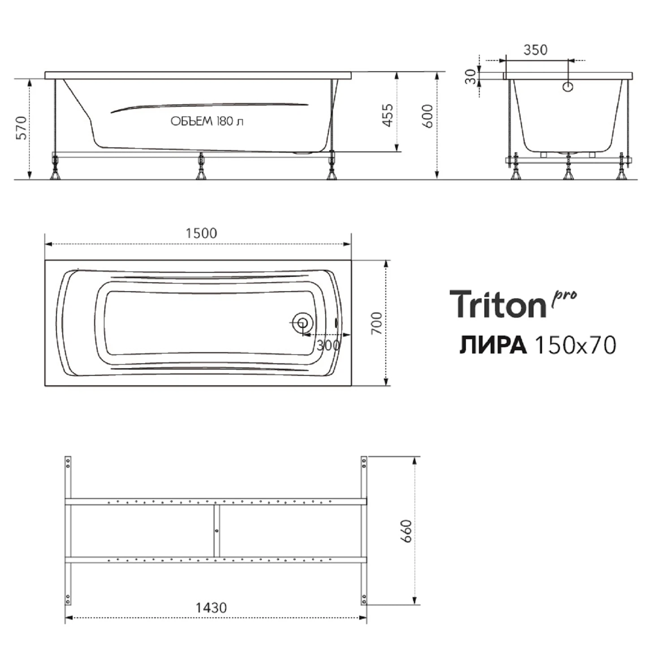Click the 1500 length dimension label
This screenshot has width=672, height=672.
pyautogui.click(x=201, y=233)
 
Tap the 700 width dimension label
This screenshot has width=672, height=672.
pyautogui.click(x=376, y=323)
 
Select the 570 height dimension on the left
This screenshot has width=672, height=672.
pyautogui.click(x=22, y=128)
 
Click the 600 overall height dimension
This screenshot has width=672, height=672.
pyautogui.click(x=428, y=116)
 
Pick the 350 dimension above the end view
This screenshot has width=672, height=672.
pyautogui.click(x=535, y=50)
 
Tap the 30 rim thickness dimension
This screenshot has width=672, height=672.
pyautogui.click(x=470, y=77)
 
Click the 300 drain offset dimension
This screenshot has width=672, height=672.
pyautogui.click(x=327, y=345)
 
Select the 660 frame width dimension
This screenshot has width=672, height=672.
pyautogui.click(x=405, y=531)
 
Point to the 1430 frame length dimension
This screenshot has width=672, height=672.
pyautogui.click(x=211, y=608)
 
